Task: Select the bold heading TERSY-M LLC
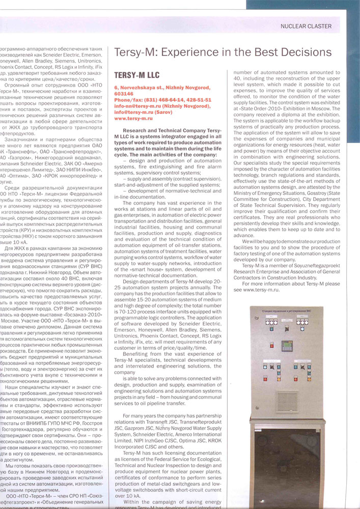[137, 74]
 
